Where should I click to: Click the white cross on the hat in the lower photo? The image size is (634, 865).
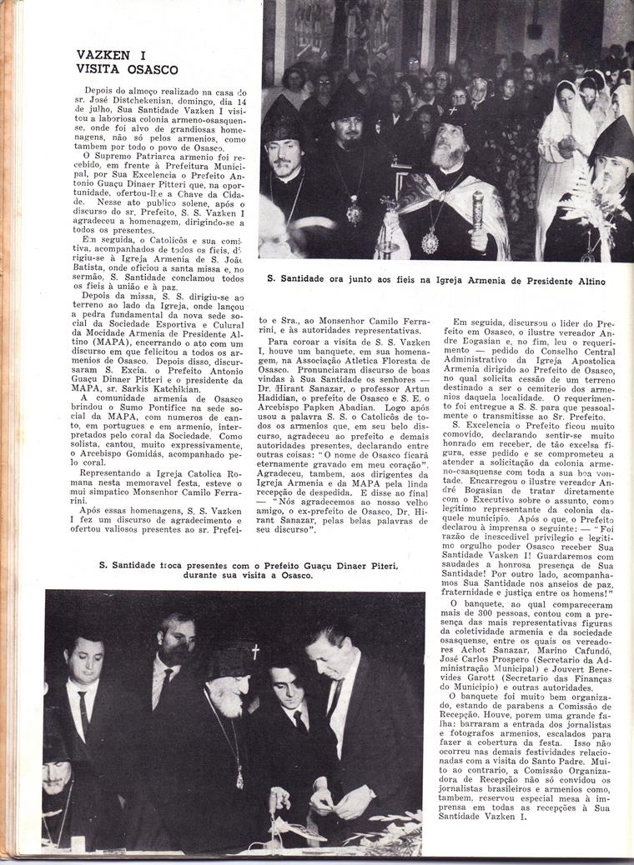[255, 652]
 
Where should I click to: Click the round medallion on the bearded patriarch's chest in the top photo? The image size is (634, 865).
[430, 242]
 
